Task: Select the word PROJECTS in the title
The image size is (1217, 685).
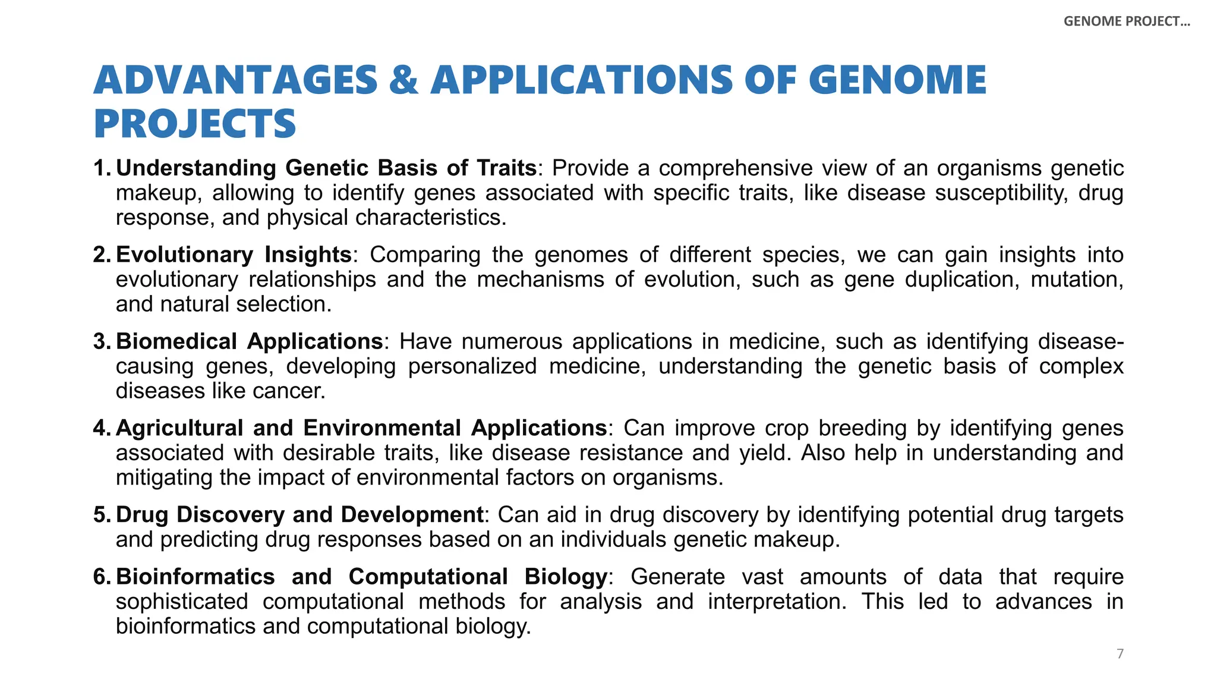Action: tap(195, 124)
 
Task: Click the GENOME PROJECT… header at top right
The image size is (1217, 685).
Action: tap(1127, 21)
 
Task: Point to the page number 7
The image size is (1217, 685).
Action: tap(1120, 654)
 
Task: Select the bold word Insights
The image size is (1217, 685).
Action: tap(308, 254)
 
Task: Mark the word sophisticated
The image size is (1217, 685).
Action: tap(182, 602)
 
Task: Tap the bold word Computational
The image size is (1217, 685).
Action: tap(428, 577)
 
